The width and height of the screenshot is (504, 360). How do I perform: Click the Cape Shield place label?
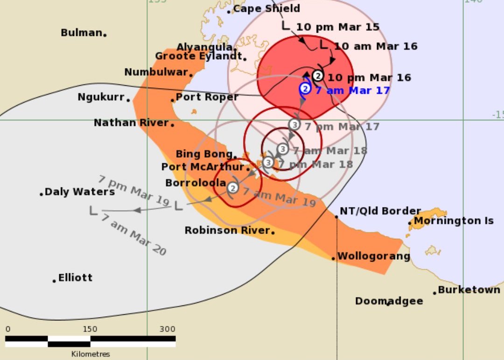[x=266, y=9]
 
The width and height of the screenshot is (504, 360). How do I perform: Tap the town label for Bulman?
[x=82, y=33]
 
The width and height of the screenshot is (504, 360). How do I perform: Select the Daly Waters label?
[x=79, y=192]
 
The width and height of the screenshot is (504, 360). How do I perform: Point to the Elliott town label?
[x=75, y=278]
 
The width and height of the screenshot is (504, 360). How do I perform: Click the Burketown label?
[x=469, y=290]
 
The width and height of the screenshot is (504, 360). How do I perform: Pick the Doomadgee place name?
[x=389, y=301]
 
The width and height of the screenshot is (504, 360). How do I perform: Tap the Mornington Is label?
[x=454, y=221]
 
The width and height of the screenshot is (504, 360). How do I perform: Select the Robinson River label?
[x=227, y=230]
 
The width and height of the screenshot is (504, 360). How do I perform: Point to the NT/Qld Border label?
[x=380, y=211]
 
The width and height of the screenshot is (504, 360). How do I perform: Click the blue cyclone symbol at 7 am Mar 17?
[x=305, y=88]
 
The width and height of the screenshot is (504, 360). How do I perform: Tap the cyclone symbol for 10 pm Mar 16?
[x=318, y=76]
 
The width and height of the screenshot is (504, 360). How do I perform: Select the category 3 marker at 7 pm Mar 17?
[x=294, y=125]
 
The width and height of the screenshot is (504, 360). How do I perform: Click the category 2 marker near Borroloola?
[x=233, y=188]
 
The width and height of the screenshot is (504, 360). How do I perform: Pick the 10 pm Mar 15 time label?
[x=337, y=27]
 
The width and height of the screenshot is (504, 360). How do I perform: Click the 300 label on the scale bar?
[x=167, y=329]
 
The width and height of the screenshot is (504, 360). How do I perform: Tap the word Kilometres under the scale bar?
[x=91, y=354]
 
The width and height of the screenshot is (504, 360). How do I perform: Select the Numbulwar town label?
[x=156, y=72]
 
